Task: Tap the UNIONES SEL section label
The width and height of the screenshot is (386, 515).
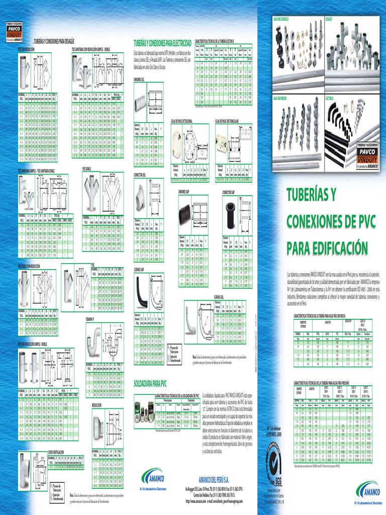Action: pos(140,79)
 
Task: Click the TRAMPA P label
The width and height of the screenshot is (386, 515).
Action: pos(91,319)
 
